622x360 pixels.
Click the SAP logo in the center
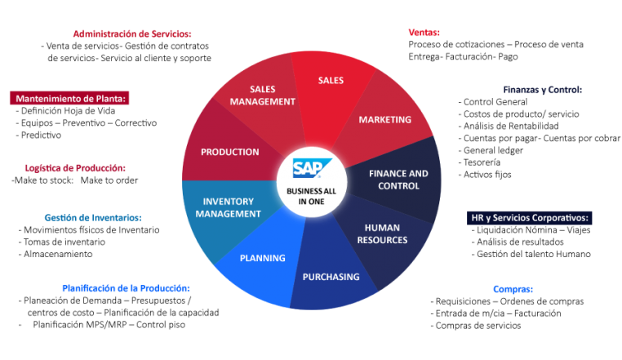click(312, 168)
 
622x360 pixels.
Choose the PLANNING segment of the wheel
click(263, 258)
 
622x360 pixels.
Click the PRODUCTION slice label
click(229, 152)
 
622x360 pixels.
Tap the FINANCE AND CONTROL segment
click(398, 180)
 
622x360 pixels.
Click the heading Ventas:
click(424, 32)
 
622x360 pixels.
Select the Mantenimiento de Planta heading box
click(69, 99)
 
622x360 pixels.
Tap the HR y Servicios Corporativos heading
click(529, 217)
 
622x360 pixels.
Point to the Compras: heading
click(513, 289)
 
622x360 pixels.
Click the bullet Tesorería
click(479, 162)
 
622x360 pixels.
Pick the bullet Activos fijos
click(485, 174)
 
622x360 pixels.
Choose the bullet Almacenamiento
click(56, 254)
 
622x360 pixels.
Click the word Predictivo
click(41, 135)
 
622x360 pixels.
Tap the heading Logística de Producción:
click(75, 168)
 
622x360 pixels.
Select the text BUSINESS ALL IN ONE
click(311, 196)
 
